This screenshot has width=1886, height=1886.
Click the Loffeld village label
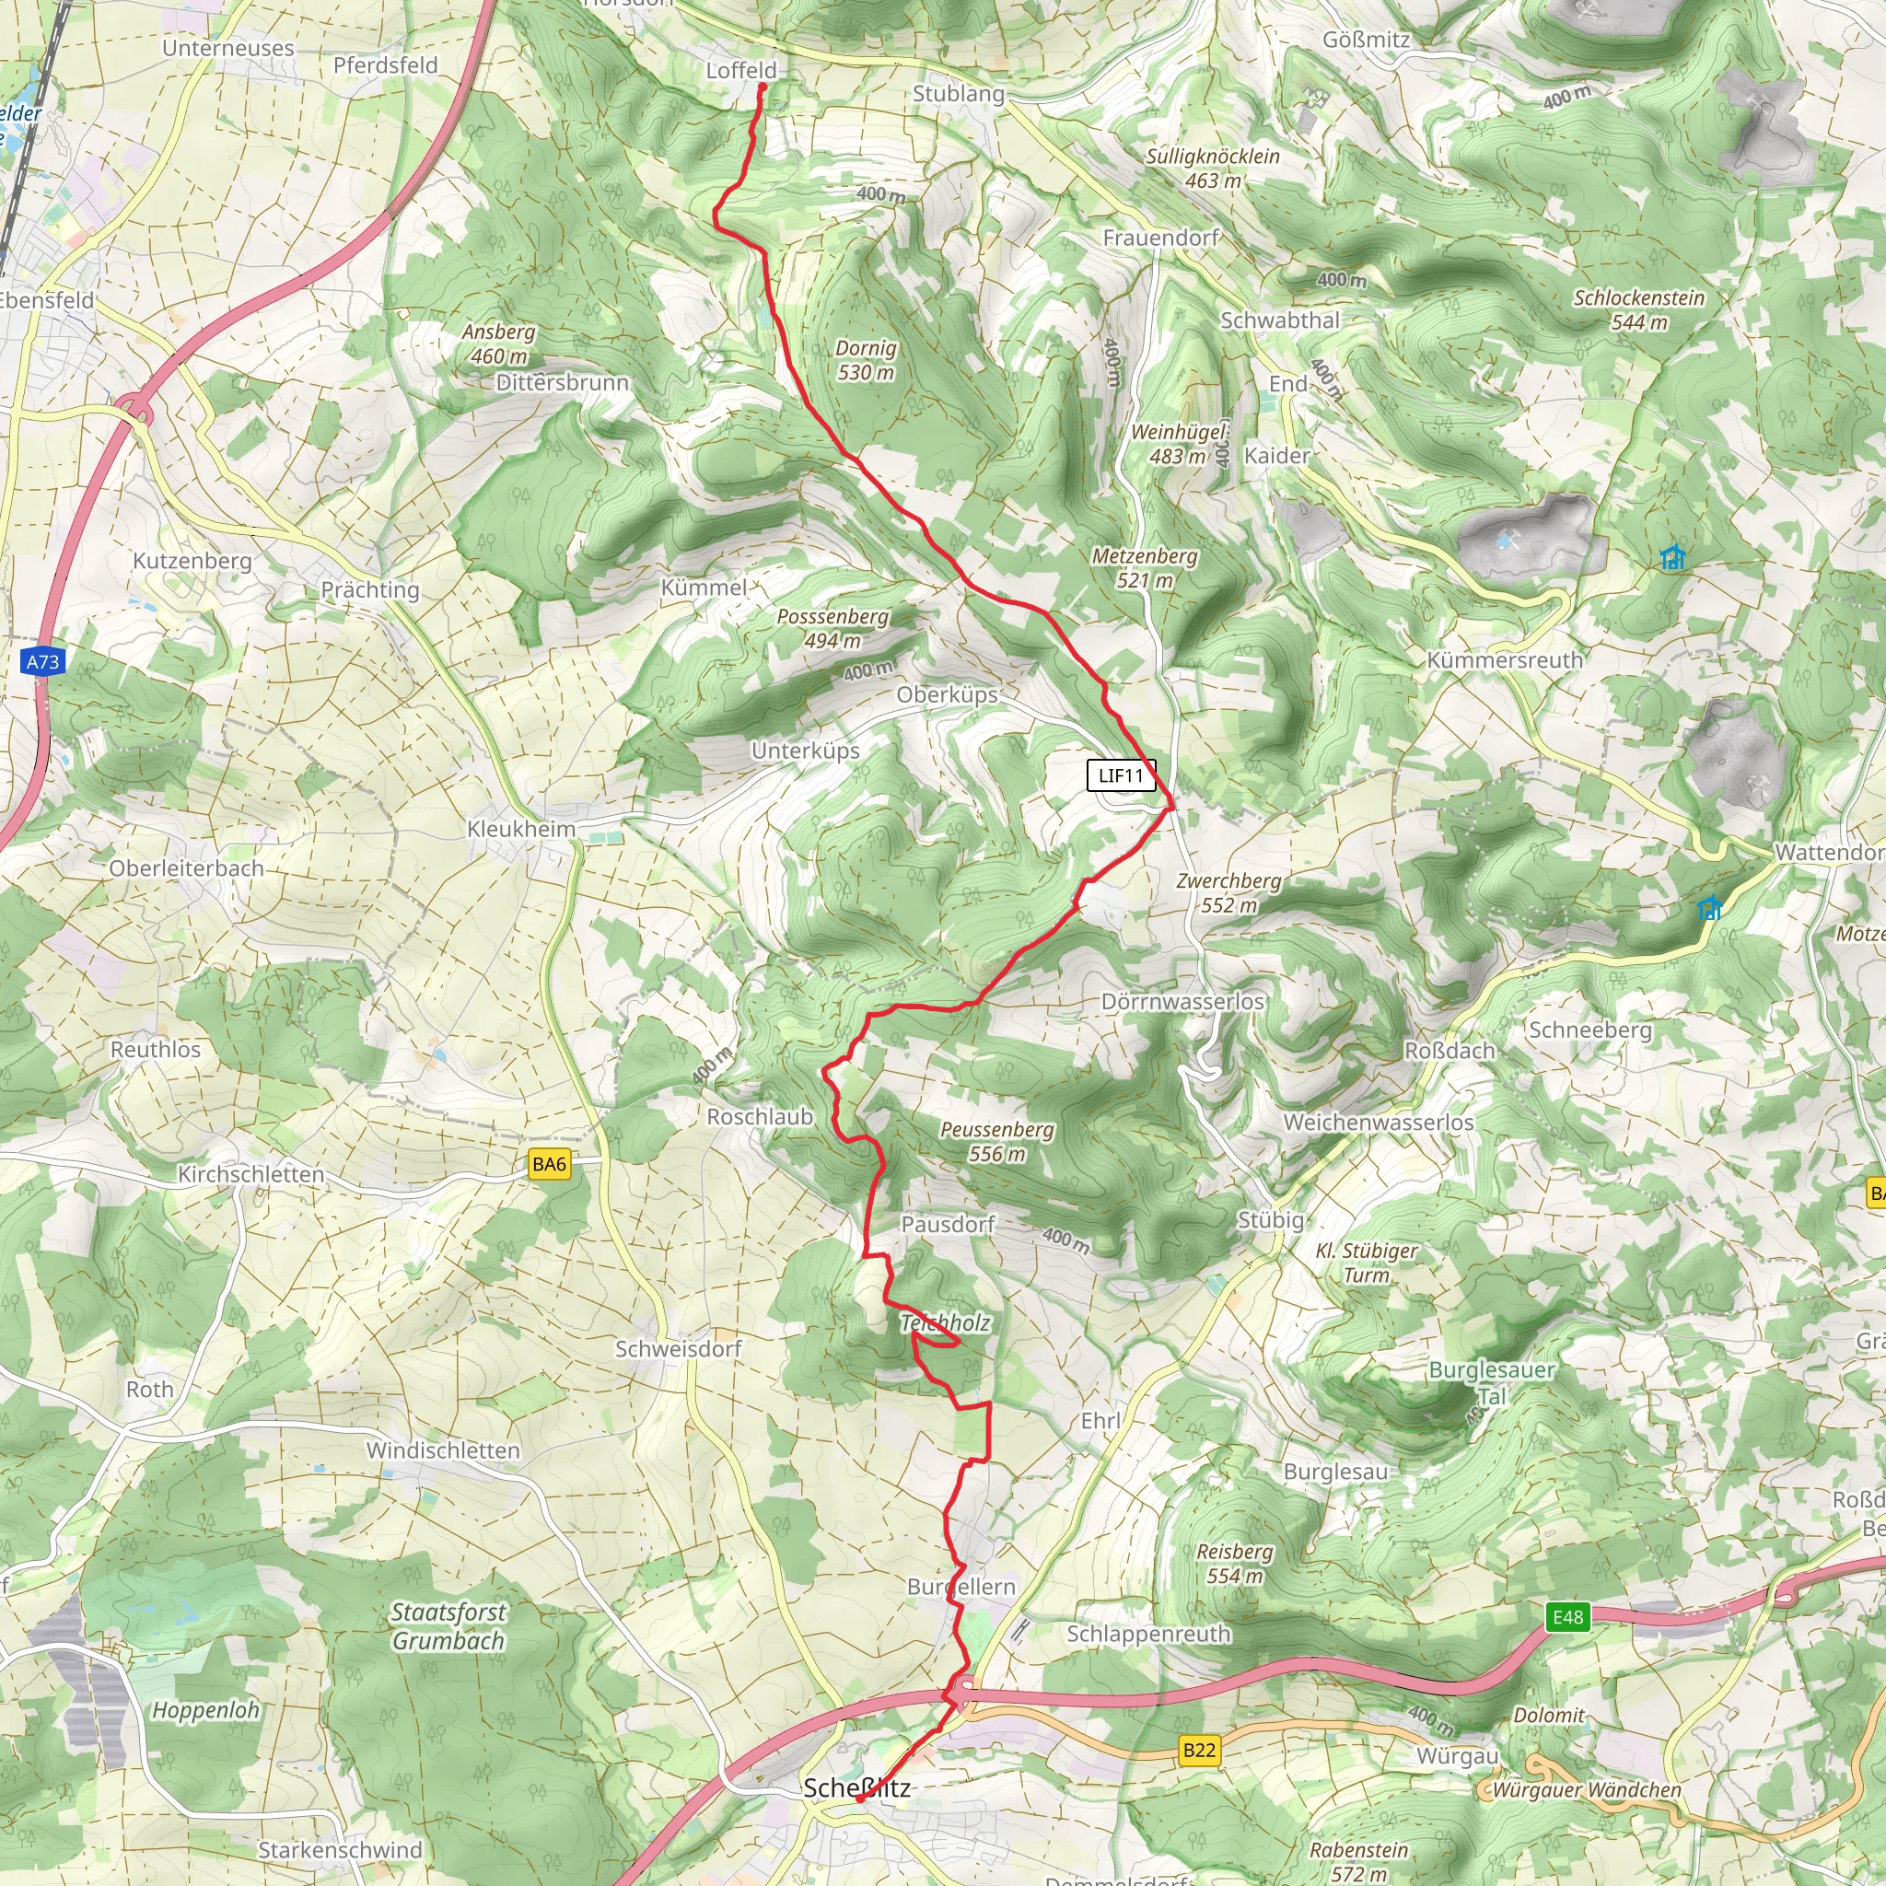point(741,70)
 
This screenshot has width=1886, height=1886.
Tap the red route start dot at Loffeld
point(763,87)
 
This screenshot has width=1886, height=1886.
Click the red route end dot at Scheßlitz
point(859,1799)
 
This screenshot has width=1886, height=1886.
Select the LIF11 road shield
point(1121,775)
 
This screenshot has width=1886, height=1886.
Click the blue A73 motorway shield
point(42,662)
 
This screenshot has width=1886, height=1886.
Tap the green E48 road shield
point(1567,1616)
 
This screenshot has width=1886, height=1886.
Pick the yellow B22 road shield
point(1199,1751)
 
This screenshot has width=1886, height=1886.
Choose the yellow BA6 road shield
point(549,1164)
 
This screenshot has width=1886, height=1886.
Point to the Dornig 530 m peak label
point(866,360)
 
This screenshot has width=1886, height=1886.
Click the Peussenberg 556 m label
point(996,1141)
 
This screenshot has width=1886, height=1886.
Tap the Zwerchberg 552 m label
point(1228,892)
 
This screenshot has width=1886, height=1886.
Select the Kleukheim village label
point(521,829)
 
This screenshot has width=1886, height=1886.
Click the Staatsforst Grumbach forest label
point(448,1626)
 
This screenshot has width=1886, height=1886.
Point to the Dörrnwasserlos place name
point(1182,1002)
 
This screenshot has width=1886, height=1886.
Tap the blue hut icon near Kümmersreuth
point(1672,557)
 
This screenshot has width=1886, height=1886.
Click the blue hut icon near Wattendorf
point(1708,908)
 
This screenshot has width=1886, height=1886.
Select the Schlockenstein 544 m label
point(1639,309)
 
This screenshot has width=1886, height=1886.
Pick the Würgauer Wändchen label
point(1587,1790)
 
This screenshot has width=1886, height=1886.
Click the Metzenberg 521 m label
point(1144,567)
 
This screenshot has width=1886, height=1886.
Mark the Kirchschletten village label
point(250,1174)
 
